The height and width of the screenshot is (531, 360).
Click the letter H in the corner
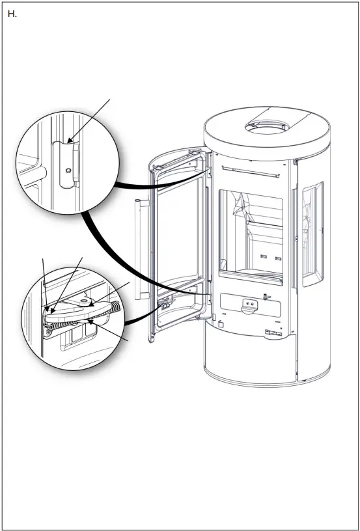[11, 14]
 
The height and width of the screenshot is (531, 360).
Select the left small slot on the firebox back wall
[264, 256]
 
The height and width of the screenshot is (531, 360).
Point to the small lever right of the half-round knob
[266, 296]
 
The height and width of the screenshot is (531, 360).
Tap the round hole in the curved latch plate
[85, 301]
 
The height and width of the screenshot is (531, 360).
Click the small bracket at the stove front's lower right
[274, 334]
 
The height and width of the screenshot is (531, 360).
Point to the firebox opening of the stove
[251, 234]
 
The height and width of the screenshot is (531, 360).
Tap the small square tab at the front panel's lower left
[222, 322]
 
